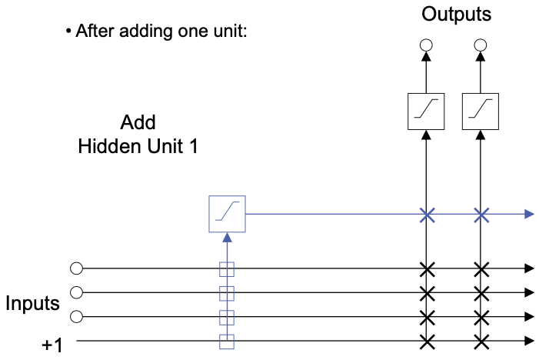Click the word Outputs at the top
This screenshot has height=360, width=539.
[x=456, y=15]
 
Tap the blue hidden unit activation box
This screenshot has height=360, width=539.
[x=227, y=214]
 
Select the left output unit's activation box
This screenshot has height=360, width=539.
[x=426, y=111]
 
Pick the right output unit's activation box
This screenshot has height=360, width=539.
[x=481, y=111]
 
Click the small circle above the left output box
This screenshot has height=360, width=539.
[x=426, y=45]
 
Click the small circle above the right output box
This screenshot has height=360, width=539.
[x=481, y=45]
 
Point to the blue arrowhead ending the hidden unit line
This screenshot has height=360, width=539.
[x=529, y=214]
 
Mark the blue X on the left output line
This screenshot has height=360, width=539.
[x=426, y=214]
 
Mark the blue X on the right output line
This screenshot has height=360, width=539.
[x=481, y=214]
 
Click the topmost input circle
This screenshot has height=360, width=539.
[x=75, y=268]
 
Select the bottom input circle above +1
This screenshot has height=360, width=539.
[x=75, y=317]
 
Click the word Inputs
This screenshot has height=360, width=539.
[x=32, y=303]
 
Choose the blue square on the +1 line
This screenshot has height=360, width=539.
[x=227, y=340]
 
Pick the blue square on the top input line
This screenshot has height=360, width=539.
[x=227, y=268]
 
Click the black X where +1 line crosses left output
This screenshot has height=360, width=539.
[x=426, y=340]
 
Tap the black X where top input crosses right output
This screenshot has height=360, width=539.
[x=481, y=268]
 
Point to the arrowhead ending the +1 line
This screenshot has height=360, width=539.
[x=529, y=340]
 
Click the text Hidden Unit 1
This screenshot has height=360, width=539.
[x=138, y=146]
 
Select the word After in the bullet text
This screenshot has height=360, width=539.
[x=93, y=33]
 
